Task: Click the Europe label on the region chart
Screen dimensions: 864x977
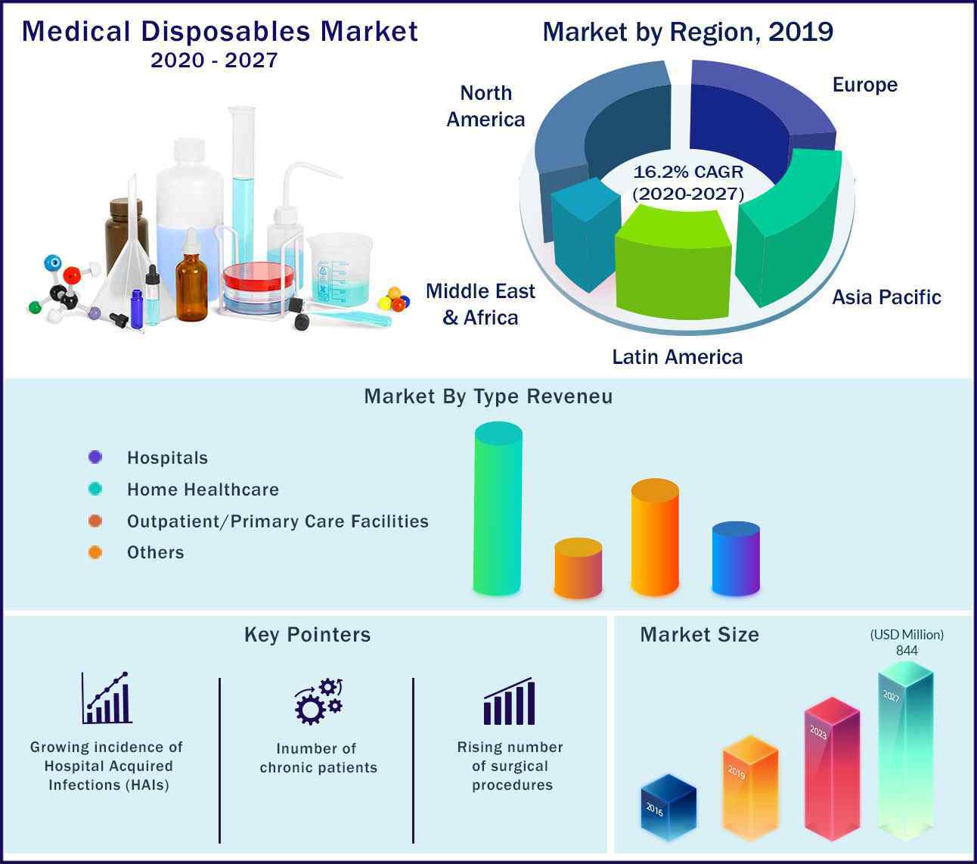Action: (x=864, y=85)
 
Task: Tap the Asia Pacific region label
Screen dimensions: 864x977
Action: (x=886, y=297)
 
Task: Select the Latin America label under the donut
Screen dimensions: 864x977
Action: (x=677, y=357)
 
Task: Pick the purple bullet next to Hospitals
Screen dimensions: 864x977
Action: (x=95, y=457)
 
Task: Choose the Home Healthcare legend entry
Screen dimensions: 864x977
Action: (x=203, y=489)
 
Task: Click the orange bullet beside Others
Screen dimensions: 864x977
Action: (x=95, y=552)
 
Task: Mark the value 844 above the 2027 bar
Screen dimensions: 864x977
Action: (x=907, y=651)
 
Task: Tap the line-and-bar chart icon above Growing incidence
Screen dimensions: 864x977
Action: (x=107, y=698)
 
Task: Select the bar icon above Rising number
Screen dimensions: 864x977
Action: (x=510, y=702)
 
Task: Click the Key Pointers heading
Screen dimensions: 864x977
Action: (x=307, y=634)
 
